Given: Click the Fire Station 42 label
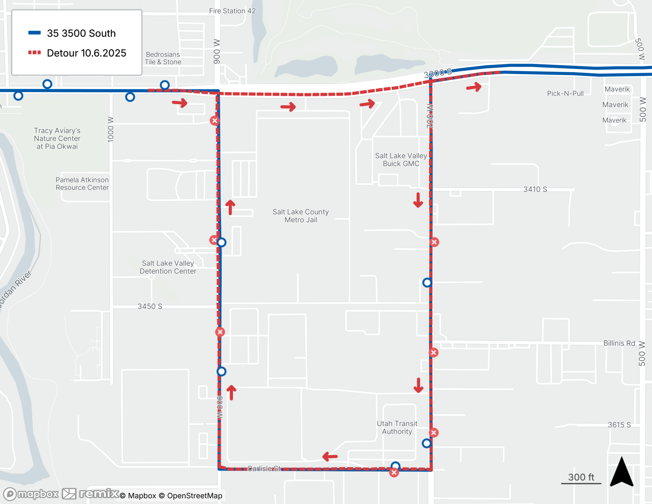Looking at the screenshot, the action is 232,11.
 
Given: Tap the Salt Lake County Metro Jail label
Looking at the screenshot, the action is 301,216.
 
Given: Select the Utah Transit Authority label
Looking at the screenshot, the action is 397,427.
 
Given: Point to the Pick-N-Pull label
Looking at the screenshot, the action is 565,94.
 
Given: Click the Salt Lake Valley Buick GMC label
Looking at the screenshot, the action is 401,160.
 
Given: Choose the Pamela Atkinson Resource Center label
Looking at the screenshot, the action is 82,184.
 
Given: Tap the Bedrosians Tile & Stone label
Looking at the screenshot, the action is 163,58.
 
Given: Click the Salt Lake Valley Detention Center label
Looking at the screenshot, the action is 168,267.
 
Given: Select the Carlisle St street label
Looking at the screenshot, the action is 264,468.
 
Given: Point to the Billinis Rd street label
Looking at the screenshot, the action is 619,343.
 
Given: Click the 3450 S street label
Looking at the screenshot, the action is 150,306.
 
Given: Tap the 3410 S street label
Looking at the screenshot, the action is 535,189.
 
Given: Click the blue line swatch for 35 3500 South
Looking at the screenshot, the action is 35,33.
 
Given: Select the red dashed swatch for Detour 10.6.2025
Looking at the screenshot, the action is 35,53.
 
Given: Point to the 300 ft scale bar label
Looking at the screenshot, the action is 581,477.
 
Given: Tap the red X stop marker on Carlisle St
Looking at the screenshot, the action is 394,472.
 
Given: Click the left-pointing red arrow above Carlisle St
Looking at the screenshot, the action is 330,456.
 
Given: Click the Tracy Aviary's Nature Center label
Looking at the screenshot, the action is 57,138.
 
